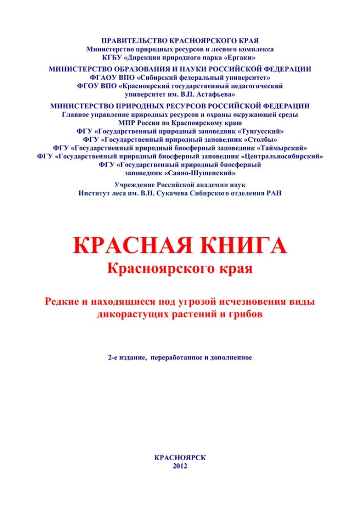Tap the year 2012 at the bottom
point(181,466)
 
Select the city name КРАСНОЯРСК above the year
point(181,458)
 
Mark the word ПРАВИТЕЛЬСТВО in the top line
point(131,41)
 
